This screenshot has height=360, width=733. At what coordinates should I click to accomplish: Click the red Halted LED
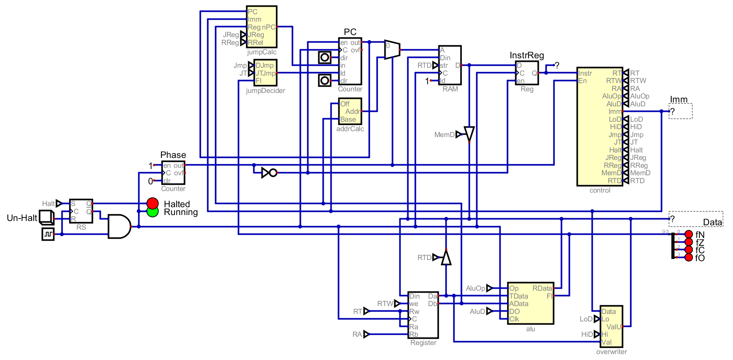pyautogui.click(x=152, y=203)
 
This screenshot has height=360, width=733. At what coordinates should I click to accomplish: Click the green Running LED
pyautogui.click(x=152, y=212)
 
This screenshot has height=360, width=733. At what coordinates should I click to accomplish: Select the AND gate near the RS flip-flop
pyautogui.click(x=119, y=226)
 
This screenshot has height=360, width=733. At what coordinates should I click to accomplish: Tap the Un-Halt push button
pyautogui.click(x=46, y=217)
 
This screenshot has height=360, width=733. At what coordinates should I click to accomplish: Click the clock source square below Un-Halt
pyautogui.click(x=48, y=234)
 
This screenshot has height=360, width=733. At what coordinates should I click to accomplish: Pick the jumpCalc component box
pyautogui.click(x=262, y=27)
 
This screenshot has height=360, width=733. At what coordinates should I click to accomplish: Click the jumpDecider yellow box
pyautogui.click(x=266, y=73)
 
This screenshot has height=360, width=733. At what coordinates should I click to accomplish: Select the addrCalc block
pyautogui.click(x=350, y=111)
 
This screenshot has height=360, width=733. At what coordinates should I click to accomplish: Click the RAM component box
pyautogui.click(x=450, y=65)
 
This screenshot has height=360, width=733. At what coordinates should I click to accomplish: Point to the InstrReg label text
pyautogui.click(x=527, y=56)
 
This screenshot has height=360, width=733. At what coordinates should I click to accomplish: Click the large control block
pyautogui.click(x=599, y=126)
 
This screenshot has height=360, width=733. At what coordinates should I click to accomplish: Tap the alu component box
pyautogui.click(x=531, y=303)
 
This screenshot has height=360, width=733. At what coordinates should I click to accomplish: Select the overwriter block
pyautogui.click(x=611, y=327)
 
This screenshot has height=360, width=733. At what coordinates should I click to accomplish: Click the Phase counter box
pyautogui.click(x=173, y=173)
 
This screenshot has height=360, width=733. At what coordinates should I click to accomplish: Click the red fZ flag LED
pyautogui.click(x=688, y=242)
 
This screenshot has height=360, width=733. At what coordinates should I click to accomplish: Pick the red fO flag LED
pyautogui.click(x=688, y=258)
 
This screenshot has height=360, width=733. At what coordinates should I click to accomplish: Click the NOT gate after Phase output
pyautogui.click(x=269, y=173)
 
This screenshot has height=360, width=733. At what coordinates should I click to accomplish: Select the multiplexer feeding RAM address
pyautogui.click(x=392, y=50)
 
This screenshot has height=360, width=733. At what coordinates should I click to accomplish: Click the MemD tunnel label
pyautogui.click(x=445, y=135)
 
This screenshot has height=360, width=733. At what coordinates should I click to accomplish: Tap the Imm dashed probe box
pyautogui.click(x=681, y=111)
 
